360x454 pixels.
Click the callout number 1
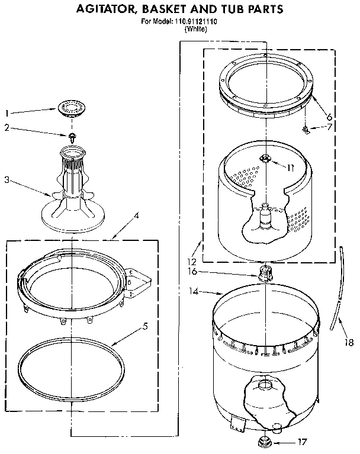pos(7,112)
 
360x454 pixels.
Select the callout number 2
pos(7,127)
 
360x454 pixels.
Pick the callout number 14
pos(192,292)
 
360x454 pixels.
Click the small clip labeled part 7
pos(305,129)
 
